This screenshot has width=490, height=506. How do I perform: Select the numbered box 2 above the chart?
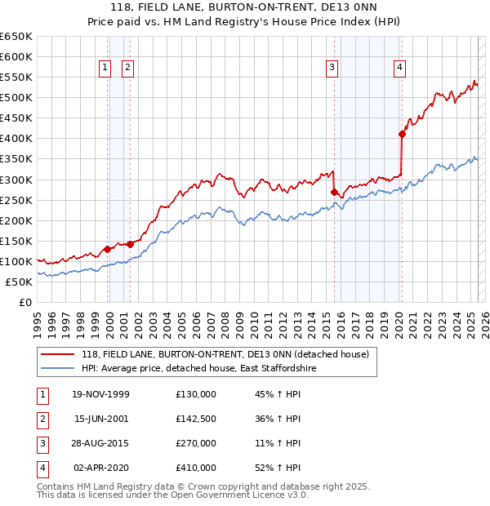coord(128,69)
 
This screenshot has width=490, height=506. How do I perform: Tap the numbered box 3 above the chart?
coord(332,69)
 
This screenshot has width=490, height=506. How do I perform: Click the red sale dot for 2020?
coord(402,134)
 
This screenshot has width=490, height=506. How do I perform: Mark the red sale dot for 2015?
coord(334,192)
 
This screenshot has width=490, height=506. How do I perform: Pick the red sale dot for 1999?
coord(108,249)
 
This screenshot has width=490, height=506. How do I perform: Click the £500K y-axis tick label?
coord(16,98)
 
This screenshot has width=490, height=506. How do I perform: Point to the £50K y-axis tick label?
coord(19,282)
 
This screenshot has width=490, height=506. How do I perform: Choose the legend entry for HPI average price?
coord(213,369)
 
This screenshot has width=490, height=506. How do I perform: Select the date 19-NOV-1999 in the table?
coord(101,394)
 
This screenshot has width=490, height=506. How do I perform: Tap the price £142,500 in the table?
coord(196,419)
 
